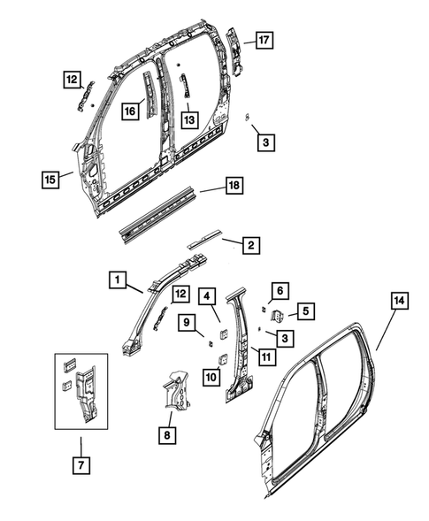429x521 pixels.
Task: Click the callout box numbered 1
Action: point(115,280)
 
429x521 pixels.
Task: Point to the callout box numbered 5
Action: point(305,310)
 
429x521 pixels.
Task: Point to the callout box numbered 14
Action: point(399,302)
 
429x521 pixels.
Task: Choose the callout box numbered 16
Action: point(130,111)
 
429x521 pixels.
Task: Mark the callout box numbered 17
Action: point(264,40)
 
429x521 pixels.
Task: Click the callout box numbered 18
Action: point(233,186)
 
